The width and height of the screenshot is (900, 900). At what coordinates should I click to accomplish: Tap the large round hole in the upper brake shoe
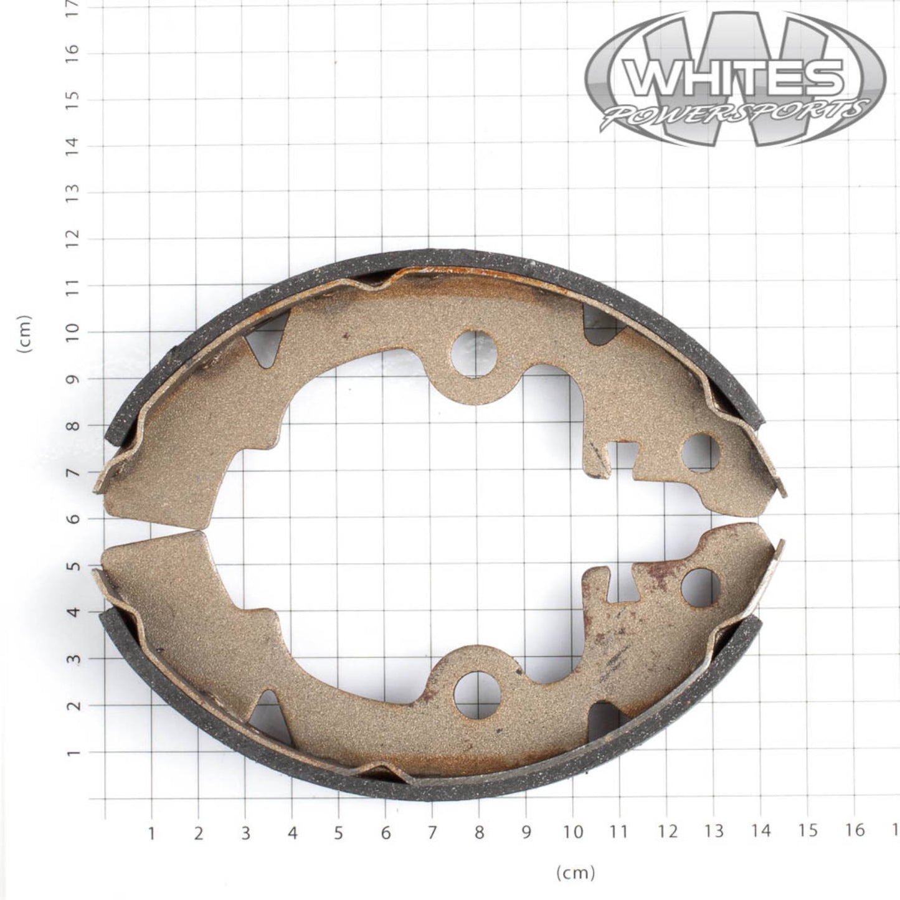pos(475,354)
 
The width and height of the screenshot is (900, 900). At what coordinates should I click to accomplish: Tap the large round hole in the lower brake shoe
pos(478,694)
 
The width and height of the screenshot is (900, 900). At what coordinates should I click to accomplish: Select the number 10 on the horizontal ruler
pos(572,831)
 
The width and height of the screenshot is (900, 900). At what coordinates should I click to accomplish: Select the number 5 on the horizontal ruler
pos(338,832)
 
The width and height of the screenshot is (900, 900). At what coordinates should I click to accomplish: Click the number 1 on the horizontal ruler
pos(151,833)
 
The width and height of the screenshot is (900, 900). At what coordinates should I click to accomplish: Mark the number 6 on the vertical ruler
pos(73,519)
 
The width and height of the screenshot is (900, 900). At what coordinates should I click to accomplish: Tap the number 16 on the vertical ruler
pos(73,52)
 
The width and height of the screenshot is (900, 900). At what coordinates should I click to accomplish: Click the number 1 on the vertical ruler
pos(73,752)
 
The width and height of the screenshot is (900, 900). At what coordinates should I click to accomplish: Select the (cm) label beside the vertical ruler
pos(25,334)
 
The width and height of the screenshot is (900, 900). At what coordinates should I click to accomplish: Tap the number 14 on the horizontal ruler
pos(760,831)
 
